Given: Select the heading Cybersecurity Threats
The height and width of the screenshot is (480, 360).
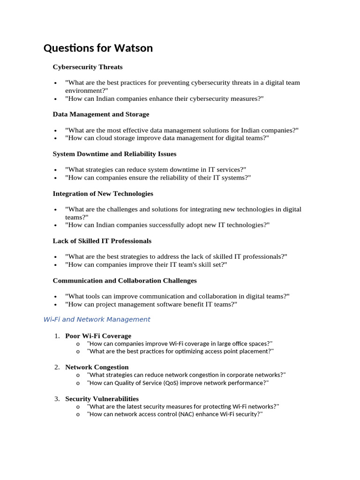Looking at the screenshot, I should pos(88,67).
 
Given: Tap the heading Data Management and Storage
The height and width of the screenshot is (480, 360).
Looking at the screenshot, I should pos(101,114).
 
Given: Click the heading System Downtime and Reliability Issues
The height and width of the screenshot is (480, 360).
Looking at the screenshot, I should pos(114,154).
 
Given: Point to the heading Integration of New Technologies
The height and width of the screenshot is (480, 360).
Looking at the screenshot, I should pos(103,194).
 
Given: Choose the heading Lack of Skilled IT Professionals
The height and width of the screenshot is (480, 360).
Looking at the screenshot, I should pos(102,241).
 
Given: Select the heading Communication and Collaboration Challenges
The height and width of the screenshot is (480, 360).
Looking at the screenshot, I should pos(125,281).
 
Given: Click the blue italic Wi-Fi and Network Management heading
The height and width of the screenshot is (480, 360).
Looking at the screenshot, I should pos(97,320).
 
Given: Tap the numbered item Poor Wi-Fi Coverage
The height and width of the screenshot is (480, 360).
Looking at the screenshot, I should pos(98,336).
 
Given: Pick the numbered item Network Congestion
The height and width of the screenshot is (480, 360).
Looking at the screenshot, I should pos(97,367).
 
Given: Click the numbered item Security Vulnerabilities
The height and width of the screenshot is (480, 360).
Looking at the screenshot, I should pos(102,399).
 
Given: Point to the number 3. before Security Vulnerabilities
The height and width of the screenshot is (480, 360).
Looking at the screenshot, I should pos(57,399).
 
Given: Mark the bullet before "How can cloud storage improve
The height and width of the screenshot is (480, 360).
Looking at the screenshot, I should pos(56,138).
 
